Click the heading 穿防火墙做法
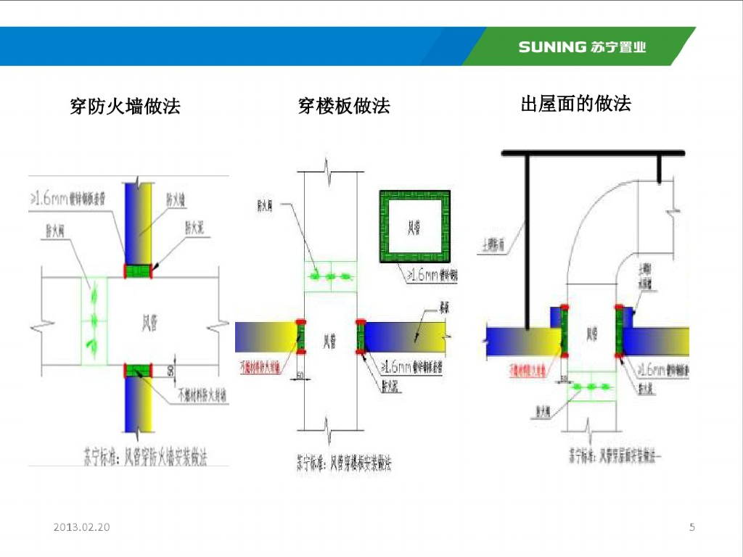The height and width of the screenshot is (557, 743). [x=125, y=107]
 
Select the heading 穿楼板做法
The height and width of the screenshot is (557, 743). [x=344, y=106]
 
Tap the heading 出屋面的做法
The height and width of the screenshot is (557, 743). [x=575, y=104]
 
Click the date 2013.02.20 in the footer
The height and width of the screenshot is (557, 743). [x=81, y=527]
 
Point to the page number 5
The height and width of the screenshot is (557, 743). [x=691, y=527]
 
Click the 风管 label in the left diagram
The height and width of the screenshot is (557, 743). [x=148, y=325]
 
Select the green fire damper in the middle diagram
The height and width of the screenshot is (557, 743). [x=330, y=276]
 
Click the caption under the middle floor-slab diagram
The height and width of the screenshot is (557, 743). [x=344, y=462]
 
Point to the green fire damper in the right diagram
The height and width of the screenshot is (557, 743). [x=591, y=388]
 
